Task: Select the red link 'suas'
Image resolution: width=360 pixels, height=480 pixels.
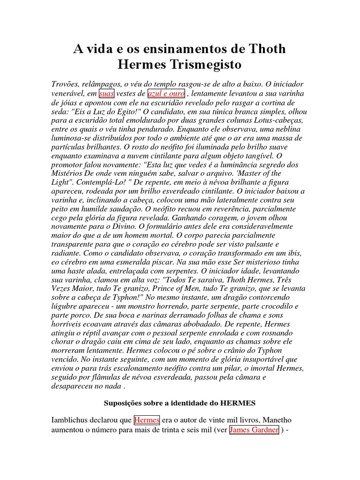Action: [x=107, y=93]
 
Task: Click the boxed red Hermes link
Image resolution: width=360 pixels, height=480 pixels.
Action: [x=147, y=420]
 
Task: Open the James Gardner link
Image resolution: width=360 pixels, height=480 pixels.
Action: [x=255, y=430]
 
